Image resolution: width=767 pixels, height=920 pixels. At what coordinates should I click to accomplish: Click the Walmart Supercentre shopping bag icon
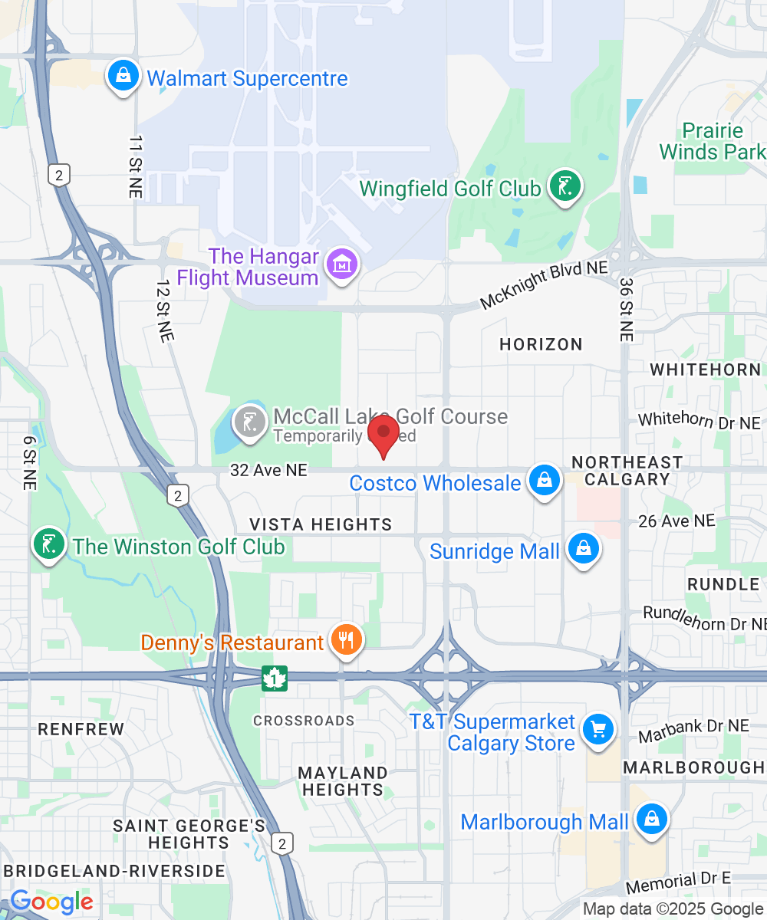[x=123, y=76]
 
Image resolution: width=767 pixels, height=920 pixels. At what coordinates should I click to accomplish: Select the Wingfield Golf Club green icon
[x=565, y=186]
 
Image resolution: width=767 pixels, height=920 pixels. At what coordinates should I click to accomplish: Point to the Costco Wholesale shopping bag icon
[x=544, y=481]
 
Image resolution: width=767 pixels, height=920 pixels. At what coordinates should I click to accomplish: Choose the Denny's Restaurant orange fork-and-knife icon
[x=347, y=639]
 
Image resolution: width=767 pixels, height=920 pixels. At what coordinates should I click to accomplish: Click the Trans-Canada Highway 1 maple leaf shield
[x=274, y=678]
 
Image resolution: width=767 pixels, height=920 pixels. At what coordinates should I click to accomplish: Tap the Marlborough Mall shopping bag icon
[x=651, y=820]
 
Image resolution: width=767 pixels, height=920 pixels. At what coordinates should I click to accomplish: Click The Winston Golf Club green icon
[x=49, y=544]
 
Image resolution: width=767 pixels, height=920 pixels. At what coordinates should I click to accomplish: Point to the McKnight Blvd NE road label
[x=544, y=285]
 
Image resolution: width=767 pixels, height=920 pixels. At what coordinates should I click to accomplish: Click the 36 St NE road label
[x=627, y=310]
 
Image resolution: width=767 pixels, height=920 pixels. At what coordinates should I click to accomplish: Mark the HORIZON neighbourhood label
[x=541, y=344]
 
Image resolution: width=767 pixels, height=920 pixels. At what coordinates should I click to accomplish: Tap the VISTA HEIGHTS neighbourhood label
[x=321, y=524]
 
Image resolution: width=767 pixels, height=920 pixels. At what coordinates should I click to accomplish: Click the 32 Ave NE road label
[x=268, y=470]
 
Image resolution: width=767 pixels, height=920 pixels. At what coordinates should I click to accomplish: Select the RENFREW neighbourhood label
[x=81, y=728]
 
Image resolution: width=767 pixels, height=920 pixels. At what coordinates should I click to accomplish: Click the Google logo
[x=51, y=902]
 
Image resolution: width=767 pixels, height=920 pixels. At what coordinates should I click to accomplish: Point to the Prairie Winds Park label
[x=713, y=141]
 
